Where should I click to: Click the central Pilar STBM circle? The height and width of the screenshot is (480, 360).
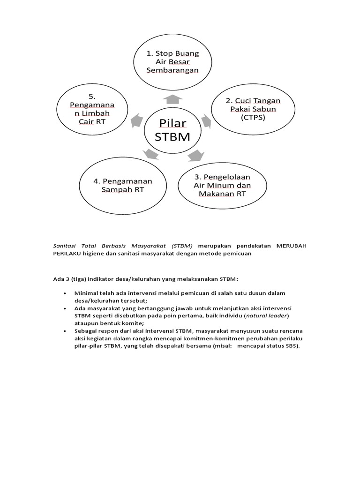point(172,131)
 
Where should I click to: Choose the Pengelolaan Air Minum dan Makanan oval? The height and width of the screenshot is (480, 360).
point(222,185)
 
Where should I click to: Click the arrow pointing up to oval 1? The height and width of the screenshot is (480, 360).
point(173,98)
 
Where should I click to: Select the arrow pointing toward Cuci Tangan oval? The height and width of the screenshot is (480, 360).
point(206,120)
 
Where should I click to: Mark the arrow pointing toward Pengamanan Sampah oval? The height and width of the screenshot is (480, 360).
point(150,154)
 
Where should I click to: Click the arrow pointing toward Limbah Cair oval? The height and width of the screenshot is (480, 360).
point(137,120)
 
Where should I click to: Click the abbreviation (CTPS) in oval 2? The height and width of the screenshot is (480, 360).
point(253,118)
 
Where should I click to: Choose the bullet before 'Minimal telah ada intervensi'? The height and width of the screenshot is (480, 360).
point(65,293)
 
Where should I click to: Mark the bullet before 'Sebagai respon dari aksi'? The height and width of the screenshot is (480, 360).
point(65,330)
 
